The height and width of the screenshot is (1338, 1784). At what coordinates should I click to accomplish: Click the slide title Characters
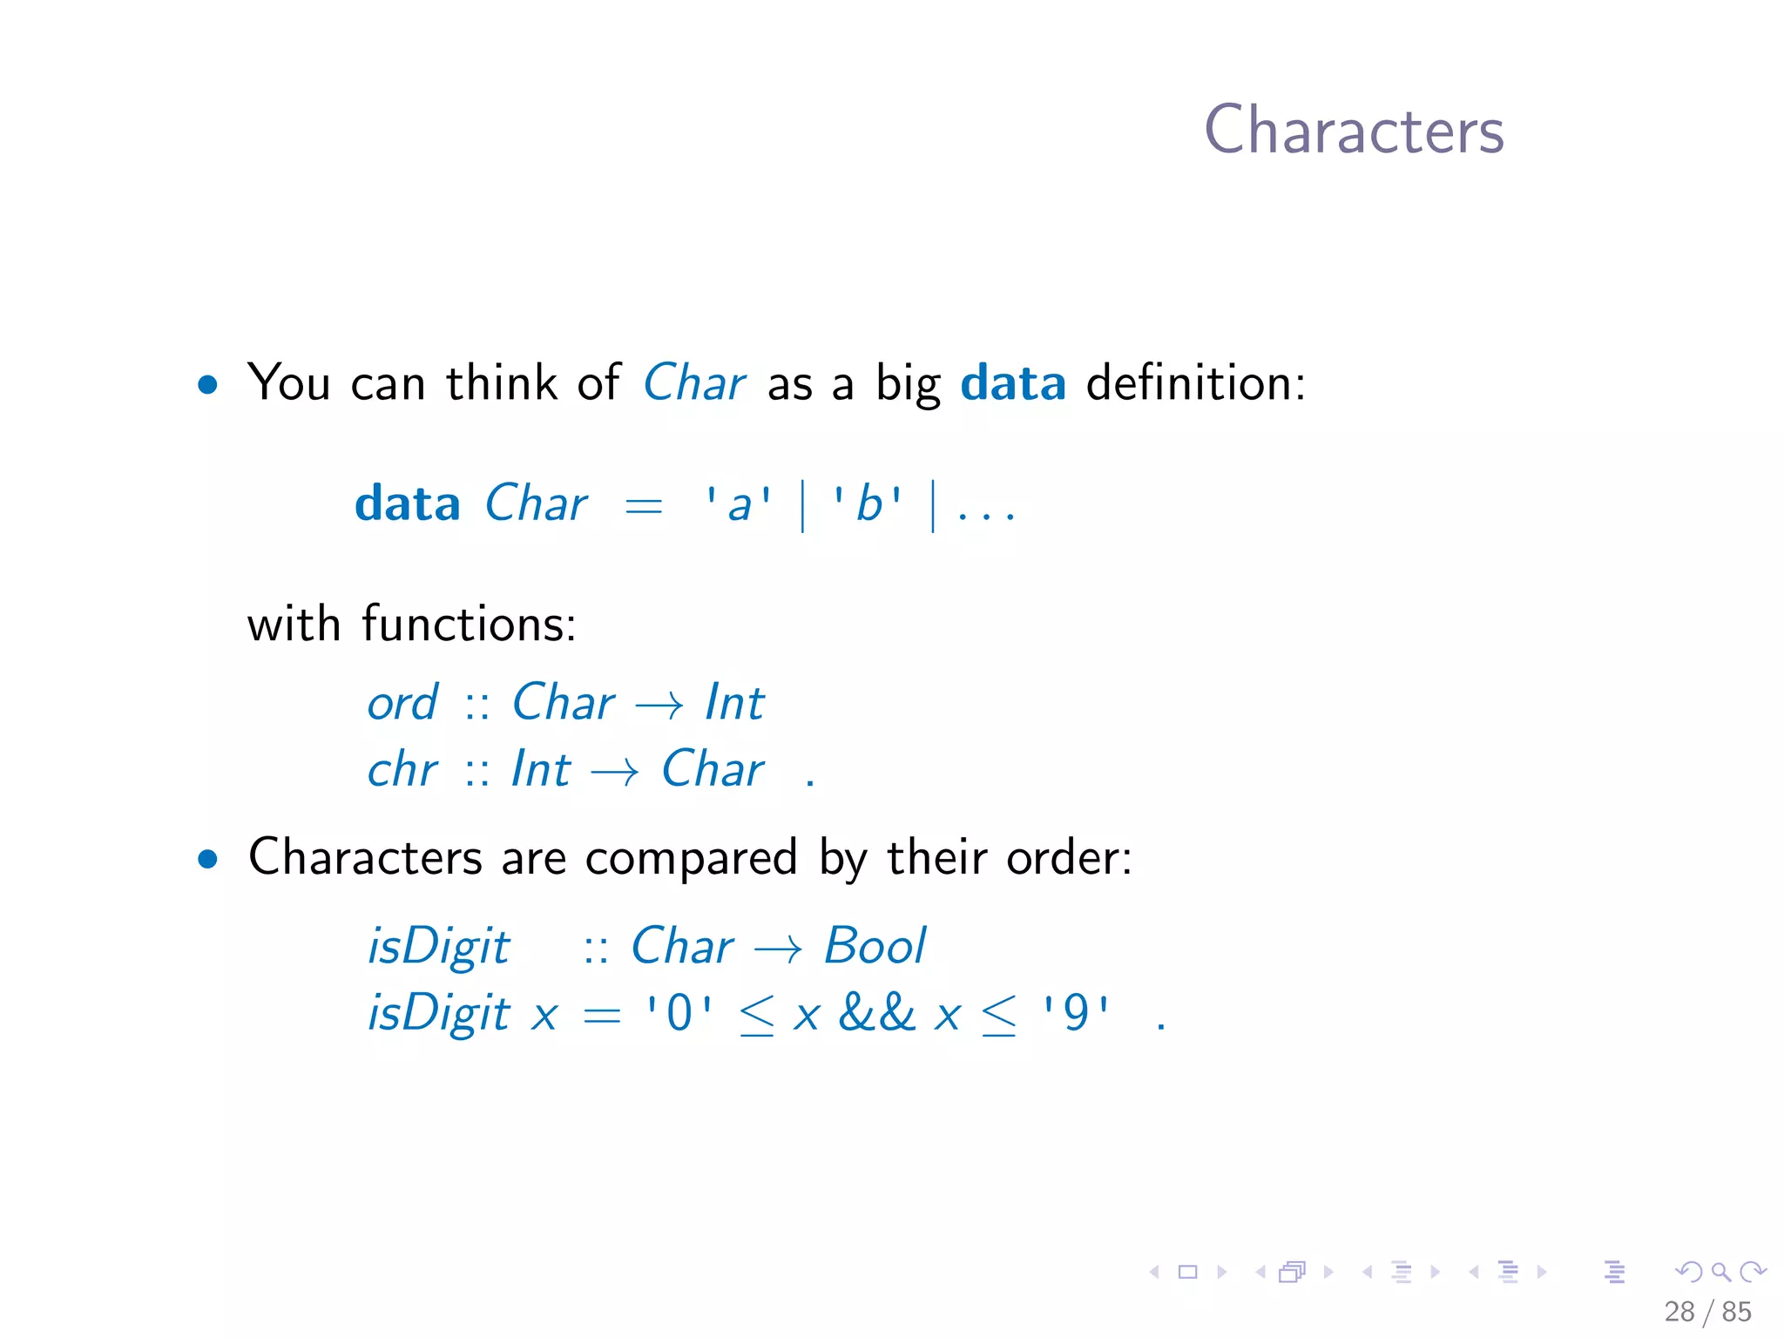click(x=1354, y=131)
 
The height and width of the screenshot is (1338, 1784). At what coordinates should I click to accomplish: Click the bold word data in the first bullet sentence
click(x=1012, y=383)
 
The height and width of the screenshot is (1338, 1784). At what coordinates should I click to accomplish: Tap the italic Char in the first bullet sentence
click(x=694, y=383)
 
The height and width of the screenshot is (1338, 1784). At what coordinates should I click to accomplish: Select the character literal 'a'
click(x=739, y=504)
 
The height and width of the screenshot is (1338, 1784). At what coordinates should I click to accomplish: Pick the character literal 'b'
click(x=868, y=504)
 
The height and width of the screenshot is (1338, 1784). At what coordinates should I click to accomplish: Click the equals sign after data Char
click(x=644, y=506)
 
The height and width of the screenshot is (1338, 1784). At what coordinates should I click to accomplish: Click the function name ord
click(x=402, y=703)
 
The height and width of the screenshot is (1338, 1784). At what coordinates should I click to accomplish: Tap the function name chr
click(x=402, y=770)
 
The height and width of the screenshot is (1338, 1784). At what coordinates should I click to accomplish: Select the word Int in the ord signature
click(x=734, y=703)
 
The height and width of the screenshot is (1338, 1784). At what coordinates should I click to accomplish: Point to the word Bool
click(x=875, y=946)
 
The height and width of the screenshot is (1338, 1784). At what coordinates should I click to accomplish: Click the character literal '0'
click(x=679, y=1014)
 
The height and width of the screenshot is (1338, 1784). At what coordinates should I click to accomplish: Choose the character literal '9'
click(x=1076, y=1014)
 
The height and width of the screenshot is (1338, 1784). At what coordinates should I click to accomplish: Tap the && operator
click(x=877, y=1014)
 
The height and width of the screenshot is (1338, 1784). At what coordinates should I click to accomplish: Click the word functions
click(x=469, y=625)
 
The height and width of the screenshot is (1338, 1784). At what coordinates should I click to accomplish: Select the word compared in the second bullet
click(x=691, y=858)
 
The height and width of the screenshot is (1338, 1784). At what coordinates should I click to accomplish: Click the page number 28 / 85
click(x=1707, y=1312)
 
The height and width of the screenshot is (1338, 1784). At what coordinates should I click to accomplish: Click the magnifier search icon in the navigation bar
click(x=1720, y=1273)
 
